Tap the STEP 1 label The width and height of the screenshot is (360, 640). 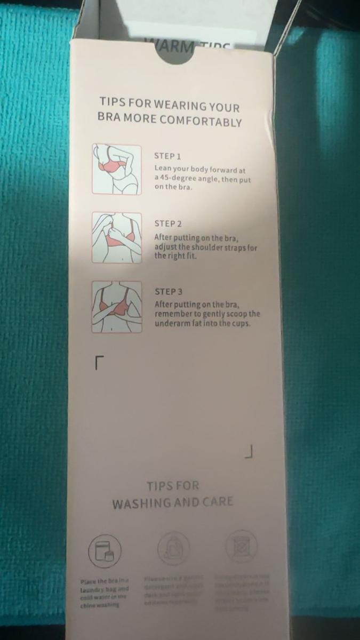167,156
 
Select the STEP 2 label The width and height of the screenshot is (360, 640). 168,224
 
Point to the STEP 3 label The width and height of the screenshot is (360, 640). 169,292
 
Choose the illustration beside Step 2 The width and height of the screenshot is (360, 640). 117,238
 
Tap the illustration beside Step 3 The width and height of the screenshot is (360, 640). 117,307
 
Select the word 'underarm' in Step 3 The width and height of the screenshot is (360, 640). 171,323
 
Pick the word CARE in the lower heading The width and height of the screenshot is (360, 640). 217,502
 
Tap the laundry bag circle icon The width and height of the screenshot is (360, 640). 105,550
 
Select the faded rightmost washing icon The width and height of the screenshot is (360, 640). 241,546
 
